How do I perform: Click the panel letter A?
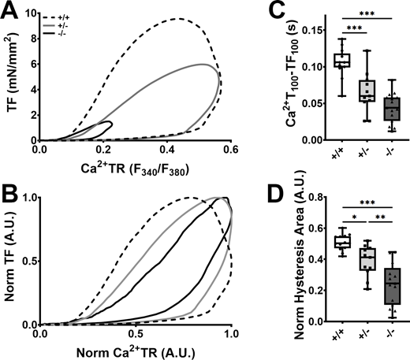[x=9, y=9]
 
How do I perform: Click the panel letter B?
[x=9, y=192]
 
